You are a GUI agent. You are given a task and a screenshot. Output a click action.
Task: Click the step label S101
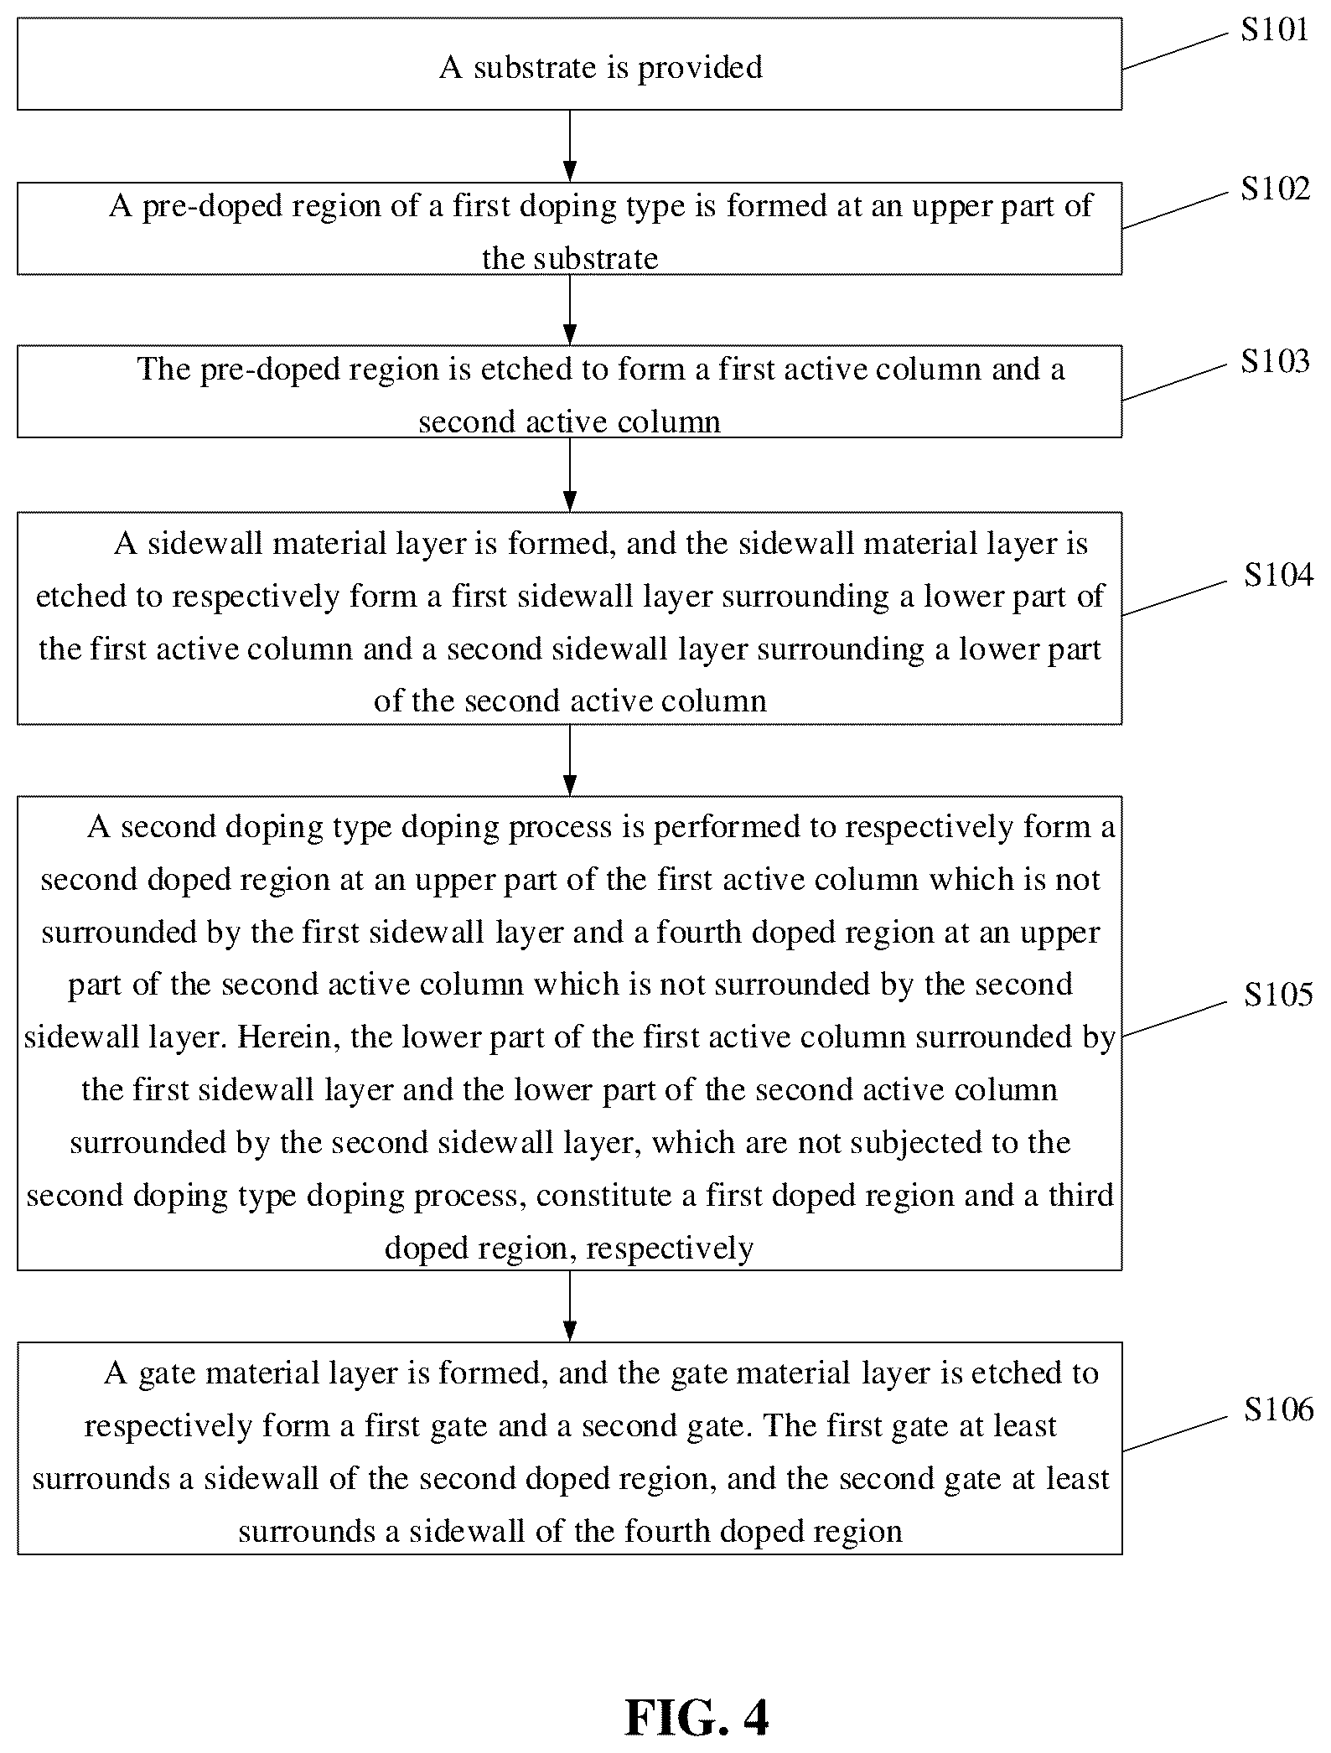pyautogui.click(x=1275, y=31)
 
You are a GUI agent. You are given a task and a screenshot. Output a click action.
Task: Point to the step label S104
pyautogui.click(x=1278, y=576)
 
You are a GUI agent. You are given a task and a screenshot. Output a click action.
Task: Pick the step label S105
pyautogui.click(x=1278, y=995)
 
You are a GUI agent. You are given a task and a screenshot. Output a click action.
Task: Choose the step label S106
pyautogui.click(x=1278, y=1410)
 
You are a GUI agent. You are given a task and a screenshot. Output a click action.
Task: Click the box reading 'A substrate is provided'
pyautogui.click(x=569, y=64)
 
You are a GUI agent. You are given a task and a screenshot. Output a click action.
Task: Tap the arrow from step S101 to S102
pyautogui.click(x=569, y=146)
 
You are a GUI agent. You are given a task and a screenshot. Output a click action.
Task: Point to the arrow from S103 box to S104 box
pyautogui.click(x=569, y=474)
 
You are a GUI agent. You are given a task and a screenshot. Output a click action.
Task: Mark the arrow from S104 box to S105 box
pyautogui.click(x=569, y=760)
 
